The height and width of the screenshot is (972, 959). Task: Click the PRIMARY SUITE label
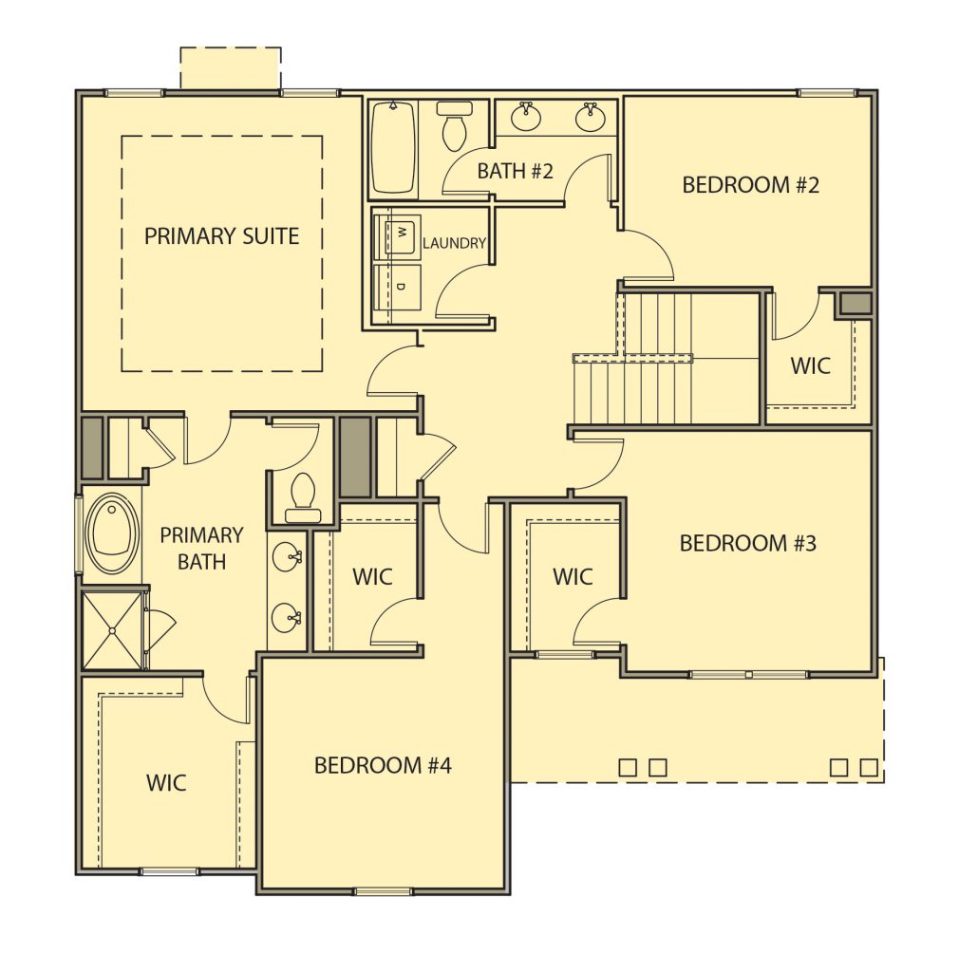[221, 236]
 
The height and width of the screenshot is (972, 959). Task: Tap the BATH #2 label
[515, 171]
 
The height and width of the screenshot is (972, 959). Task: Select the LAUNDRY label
[454, 243]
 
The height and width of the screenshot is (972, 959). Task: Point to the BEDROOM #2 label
[751, 185]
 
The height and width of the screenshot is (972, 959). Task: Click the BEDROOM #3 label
[747, 543]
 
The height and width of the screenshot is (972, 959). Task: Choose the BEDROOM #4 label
[383, 766]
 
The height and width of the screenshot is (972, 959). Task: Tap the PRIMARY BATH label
[201, 548]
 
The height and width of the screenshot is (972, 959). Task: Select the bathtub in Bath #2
[392, 147]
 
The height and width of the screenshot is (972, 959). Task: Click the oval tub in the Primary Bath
[112, 533]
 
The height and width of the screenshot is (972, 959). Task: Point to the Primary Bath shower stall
[112, 630]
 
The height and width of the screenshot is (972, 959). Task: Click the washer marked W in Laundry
[397, 234]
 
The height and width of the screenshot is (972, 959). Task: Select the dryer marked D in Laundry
[397, 287]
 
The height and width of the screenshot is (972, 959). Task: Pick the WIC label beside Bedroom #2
[810, 365]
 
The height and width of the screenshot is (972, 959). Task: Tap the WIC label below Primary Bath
[166, 782]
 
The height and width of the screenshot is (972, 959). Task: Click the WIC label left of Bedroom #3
[573, 576]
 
